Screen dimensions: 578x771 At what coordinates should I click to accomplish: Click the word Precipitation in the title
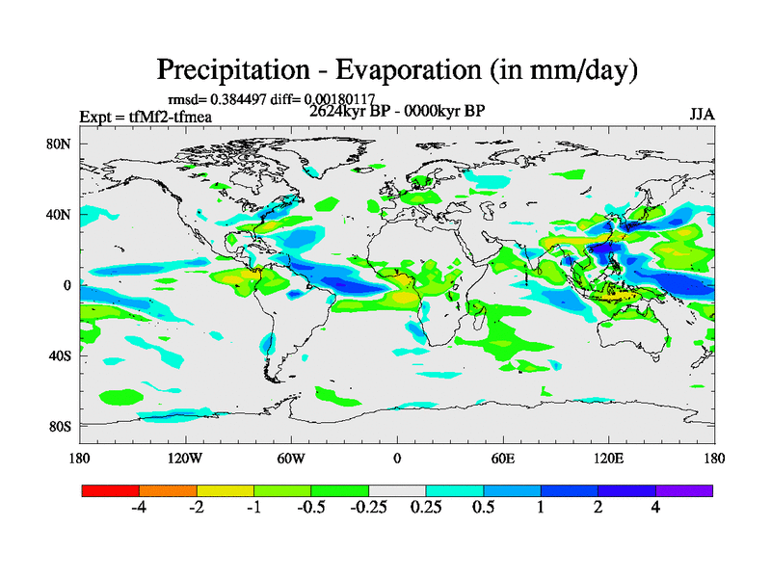pyautogui.click(x=230, y=70)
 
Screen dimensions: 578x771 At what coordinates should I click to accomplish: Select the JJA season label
pyautogui.click(x=702, y=114)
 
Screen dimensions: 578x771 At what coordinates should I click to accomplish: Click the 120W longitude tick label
pyautogui.click(x=185, y=459)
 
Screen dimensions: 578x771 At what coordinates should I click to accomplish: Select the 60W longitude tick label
pyautogui.click(x=291, y=459)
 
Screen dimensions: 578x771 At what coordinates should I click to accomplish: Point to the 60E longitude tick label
pyautogui.click(x=502, y=459)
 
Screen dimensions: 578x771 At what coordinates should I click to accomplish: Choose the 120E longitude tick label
pyautogui.click(x=609, y=459)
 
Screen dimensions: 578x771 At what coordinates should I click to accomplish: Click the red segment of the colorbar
pyautogui.click(x=111, y=490)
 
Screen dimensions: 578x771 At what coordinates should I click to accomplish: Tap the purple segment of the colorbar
pyautogui.click(x=684, y=490)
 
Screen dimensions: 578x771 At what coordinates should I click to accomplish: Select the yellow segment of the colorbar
pyautogui.click(x=226, y=490)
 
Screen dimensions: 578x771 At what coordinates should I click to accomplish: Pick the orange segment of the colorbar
pyautogui.click(x=168, y=490)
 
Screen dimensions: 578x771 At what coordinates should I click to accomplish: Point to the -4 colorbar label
pyautogui.click(x=139, y=508)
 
